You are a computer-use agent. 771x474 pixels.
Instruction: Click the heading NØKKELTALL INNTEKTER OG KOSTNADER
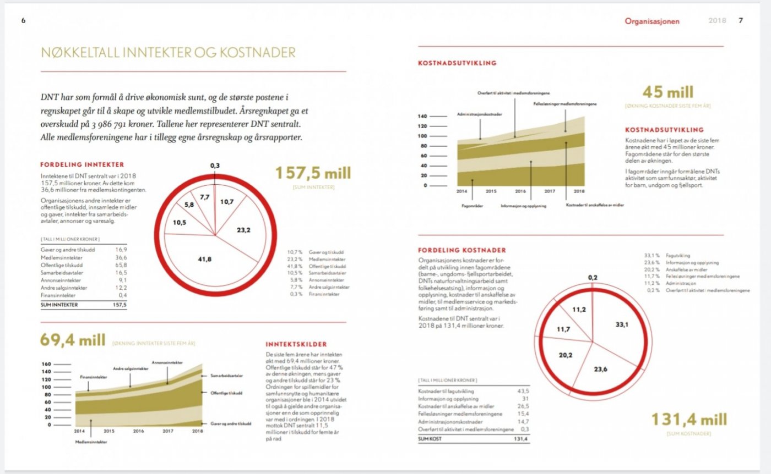pyautogui.click(x=169, y=53)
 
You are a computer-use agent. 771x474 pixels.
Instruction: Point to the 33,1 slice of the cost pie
pyautogui.click(x=621, y=325)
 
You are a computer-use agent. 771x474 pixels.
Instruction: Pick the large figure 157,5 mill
pyautogui.click(x=312, y=174)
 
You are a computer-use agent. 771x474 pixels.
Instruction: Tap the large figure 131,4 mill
pyautogui.click(x=689, y=420)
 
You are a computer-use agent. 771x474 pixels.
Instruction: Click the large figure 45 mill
pyautogui.click(x=667, y=92)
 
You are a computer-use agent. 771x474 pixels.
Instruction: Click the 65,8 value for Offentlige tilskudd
pyautogui.click(x=121, y=265)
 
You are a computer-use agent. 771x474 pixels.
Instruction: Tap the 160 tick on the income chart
pyautogui.click(x=46, y=364)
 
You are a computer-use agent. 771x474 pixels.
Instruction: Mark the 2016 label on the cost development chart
pyautogui.click(x=520, y=191)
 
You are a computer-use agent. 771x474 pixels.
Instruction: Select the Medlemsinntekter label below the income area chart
pyautogui.click(x=91, y=442)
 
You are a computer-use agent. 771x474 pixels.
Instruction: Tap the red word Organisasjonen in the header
pyautogui.click(x=652, y=21)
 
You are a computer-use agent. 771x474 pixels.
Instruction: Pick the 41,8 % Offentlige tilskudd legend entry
pyautogui.click(x=319, y=265)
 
